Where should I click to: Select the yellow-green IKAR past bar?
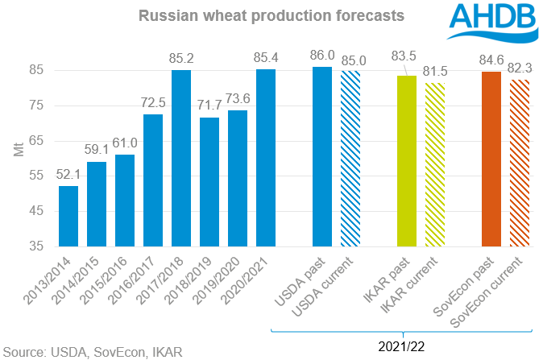407,161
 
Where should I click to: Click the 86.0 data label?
322,56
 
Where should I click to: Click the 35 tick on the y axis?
39,246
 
